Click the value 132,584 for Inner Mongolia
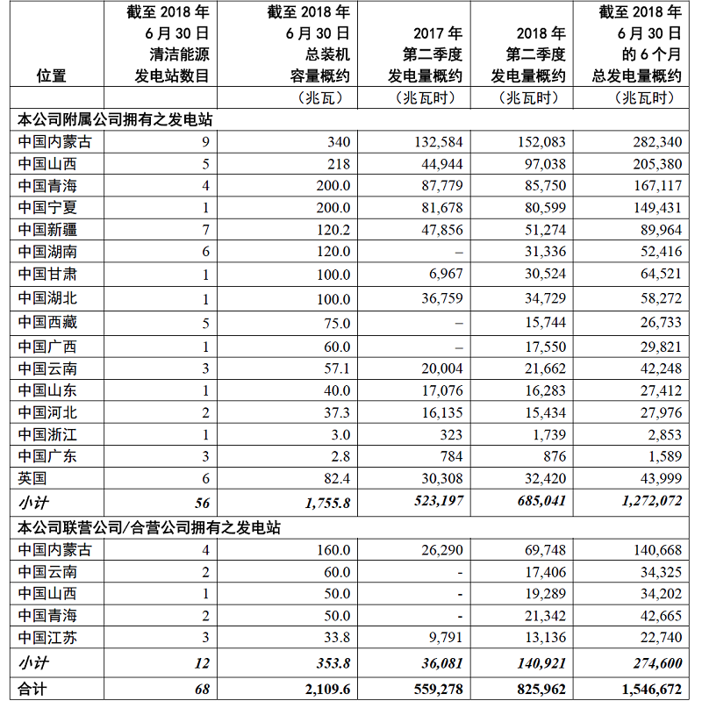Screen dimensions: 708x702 click(x=435, y=141)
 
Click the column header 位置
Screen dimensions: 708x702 click(x=52, y=76)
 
